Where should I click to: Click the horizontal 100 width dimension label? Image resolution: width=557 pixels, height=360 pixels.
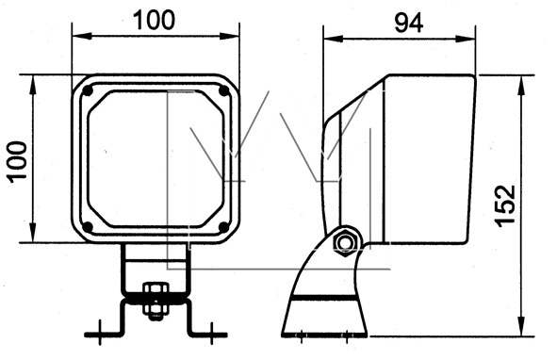coord(154,20)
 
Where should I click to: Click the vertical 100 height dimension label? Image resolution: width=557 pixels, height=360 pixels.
coord(18,162)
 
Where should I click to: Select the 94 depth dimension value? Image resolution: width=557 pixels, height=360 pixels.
coord(409,24)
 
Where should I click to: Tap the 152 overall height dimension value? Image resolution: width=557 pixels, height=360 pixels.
coord(505,205)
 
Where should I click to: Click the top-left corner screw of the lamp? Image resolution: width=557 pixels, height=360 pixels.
coord(88,91)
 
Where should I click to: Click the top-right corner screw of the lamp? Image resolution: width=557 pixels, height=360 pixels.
coord(224,91)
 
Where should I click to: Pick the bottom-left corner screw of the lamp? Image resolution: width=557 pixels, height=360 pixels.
coord(88,227)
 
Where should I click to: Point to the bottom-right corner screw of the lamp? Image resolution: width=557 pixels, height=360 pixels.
coord(223,227)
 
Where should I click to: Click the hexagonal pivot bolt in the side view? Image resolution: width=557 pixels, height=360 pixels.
coord(345,243)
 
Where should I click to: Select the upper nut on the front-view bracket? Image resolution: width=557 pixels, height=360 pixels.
coord(156,289)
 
